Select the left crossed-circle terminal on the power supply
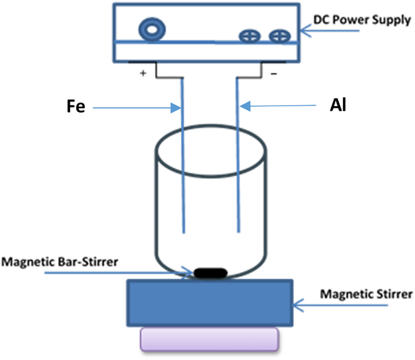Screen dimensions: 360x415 [247, 36]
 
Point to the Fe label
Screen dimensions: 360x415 [74, 107]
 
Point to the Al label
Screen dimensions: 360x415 [337, 105]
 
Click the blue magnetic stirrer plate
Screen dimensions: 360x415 [210, 302]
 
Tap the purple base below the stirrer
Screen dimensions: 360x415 [210, 339]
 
